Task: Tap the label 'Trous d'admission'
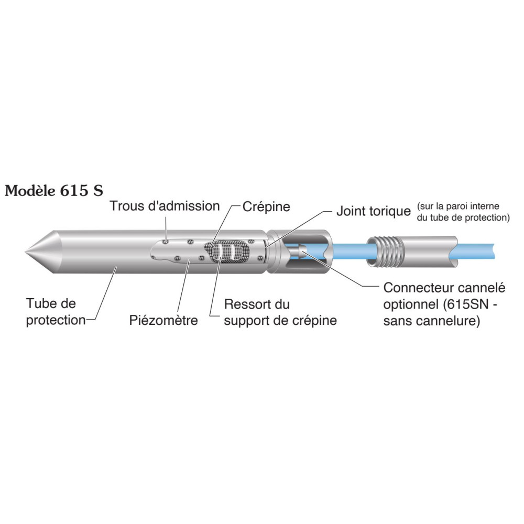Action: pyautogui.click(x=165, y=206)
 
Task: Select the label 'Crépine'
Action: pyautogui.click(x=266, y=206)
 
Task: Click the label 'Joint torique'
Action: pyautogui.click(x=373, y=212)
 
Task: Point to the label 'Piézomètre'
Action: pyautogui.click(x=163, y=320)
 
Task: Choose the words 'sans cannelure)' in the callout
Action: pyautogui.click(x=432, y=321)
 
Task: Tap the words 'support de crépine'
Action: pyautogui.click(x=280, y=320)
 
